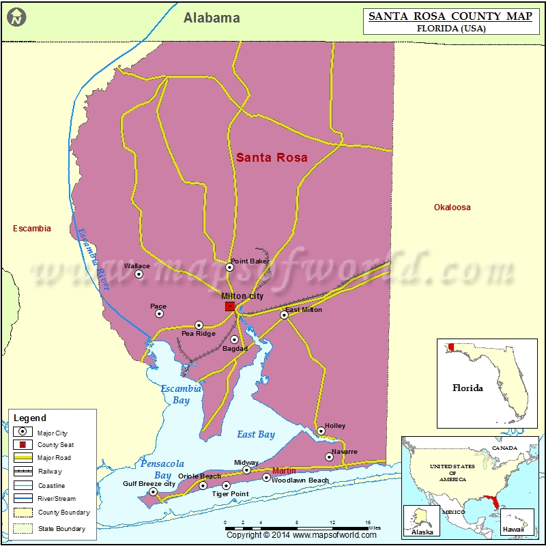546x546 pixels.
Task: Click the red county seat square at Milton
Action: click(x=230, y=306)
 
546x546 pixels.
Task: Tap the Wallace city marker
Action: click(x=139, y=274)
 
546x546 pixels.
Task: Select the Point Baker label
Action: click(x=250, y=261)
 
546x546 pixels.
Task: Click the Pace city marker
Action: click(x=160, y=314)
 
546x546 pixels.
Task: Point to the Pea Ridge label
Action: click(x=198, y=334)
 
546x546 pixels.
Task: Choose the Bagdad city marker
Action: click(x=234, y=339)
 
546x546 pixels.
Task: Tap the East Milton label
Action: click(x=304, y=310)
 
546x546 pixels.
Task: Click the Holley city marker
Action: click(x=321, y=431)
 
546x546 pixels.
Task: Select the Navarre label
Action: click(x=345, y=452)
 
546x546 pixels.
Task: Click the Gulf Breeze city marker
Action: click(x=153, y=491)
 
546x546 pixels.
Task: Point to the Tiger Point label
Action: click(x=230, y=493)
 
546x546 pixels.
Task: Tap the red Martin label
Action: click(x=284, y=471)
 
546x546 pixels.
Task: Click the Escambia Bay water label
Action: click(x=181, y=394)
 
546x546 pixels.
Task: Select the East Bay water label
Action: click(x=256, y=434)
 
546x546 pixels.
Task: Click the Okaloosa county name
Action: click(x=452, y=207)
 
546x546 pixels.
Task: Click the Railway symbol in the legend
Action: click(x=24, y=472)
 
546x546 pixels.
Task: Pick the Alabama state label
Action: click(x=212, y=18)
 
